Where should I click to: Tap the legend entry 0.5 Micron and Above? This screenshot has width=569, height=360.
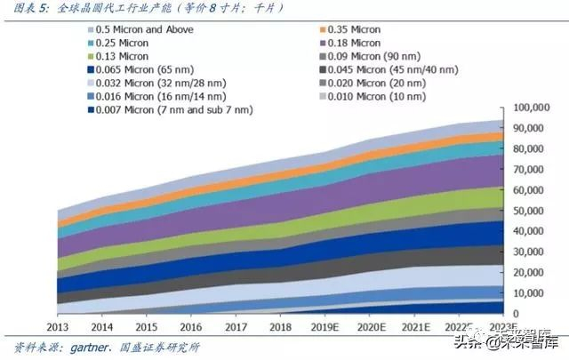(144, 29)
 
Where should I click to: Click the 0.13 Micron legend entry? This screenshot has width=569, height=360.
(124, 56)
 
